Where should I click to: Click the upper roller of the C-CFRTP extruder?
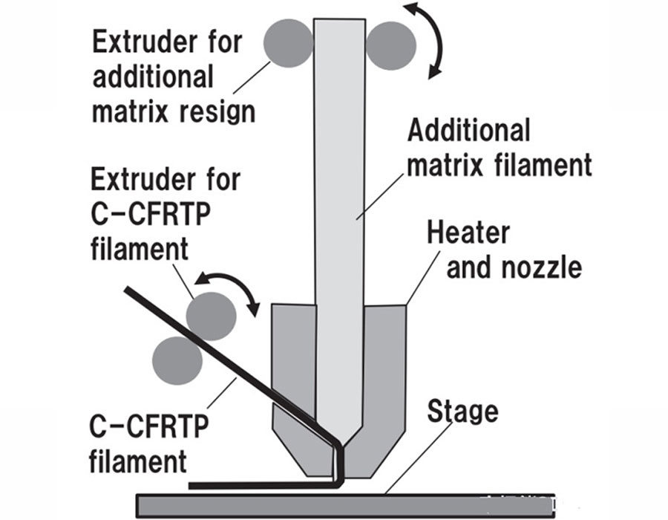click(x=212, y=316)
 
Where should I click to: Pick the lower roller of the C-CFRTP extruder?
click(x=177, y=360)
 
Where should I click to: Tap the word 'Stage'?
click(x=462, y=410)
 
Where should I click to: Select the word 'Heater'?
click(x=468, y=233)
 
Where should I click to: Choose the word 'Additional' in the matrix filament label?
click(x=469, y=131)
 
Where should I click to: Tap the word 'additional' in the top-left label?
click(x=153, y=77)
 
